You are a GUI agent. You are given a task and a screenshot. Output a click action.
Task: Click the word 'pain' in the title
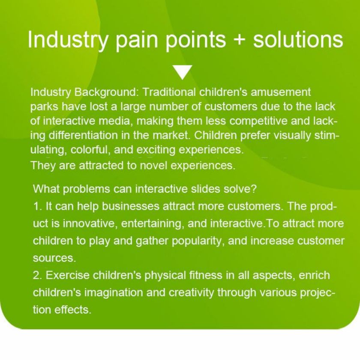pyautogui.click(x=137, y=40)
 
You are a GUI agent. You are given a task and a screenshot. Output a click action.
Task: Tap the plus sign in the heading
pyautogui.click(x=239, y=39)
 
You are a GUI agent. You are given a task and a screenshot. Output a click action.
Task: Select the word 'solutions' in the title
pyautogui.click(x=298, y=39)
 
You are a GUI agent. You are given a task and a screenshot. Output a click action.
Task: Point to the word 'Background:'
pyautogui.click(x=105, y=92)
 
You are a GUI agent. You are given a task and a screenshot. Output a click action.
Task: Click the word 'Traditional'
pyautogui.click(x=169, y=92)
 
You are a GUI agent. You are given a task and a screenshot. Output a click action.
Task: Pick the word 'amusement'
pyautogui.click(x=280, y=92)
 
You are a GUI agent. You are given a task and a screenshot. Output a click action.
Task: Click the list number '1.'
pyautogui.click(x=38, y=206)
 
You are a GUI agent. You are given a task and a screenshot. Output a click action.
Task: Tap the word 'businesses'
pyautogui.click(x=130, y=206)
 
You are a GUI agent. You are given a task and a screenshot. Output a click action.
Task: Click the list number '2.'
pyautogui.click(x=38, y=275)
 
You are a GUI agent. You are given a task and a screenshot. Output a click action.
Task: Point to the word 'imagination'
pyautogui.click(x=113, y=292)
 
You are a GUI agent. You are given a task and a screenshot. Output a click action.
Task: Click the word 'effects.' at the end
pyautogui.click(x=73, y=309)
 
